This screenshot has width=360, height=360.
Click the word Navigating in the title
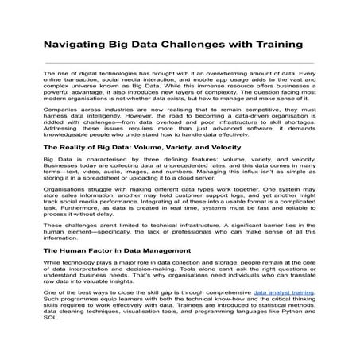tap(73, 45)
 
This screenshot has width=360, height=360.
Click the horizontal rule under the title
tap(180, 62)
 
